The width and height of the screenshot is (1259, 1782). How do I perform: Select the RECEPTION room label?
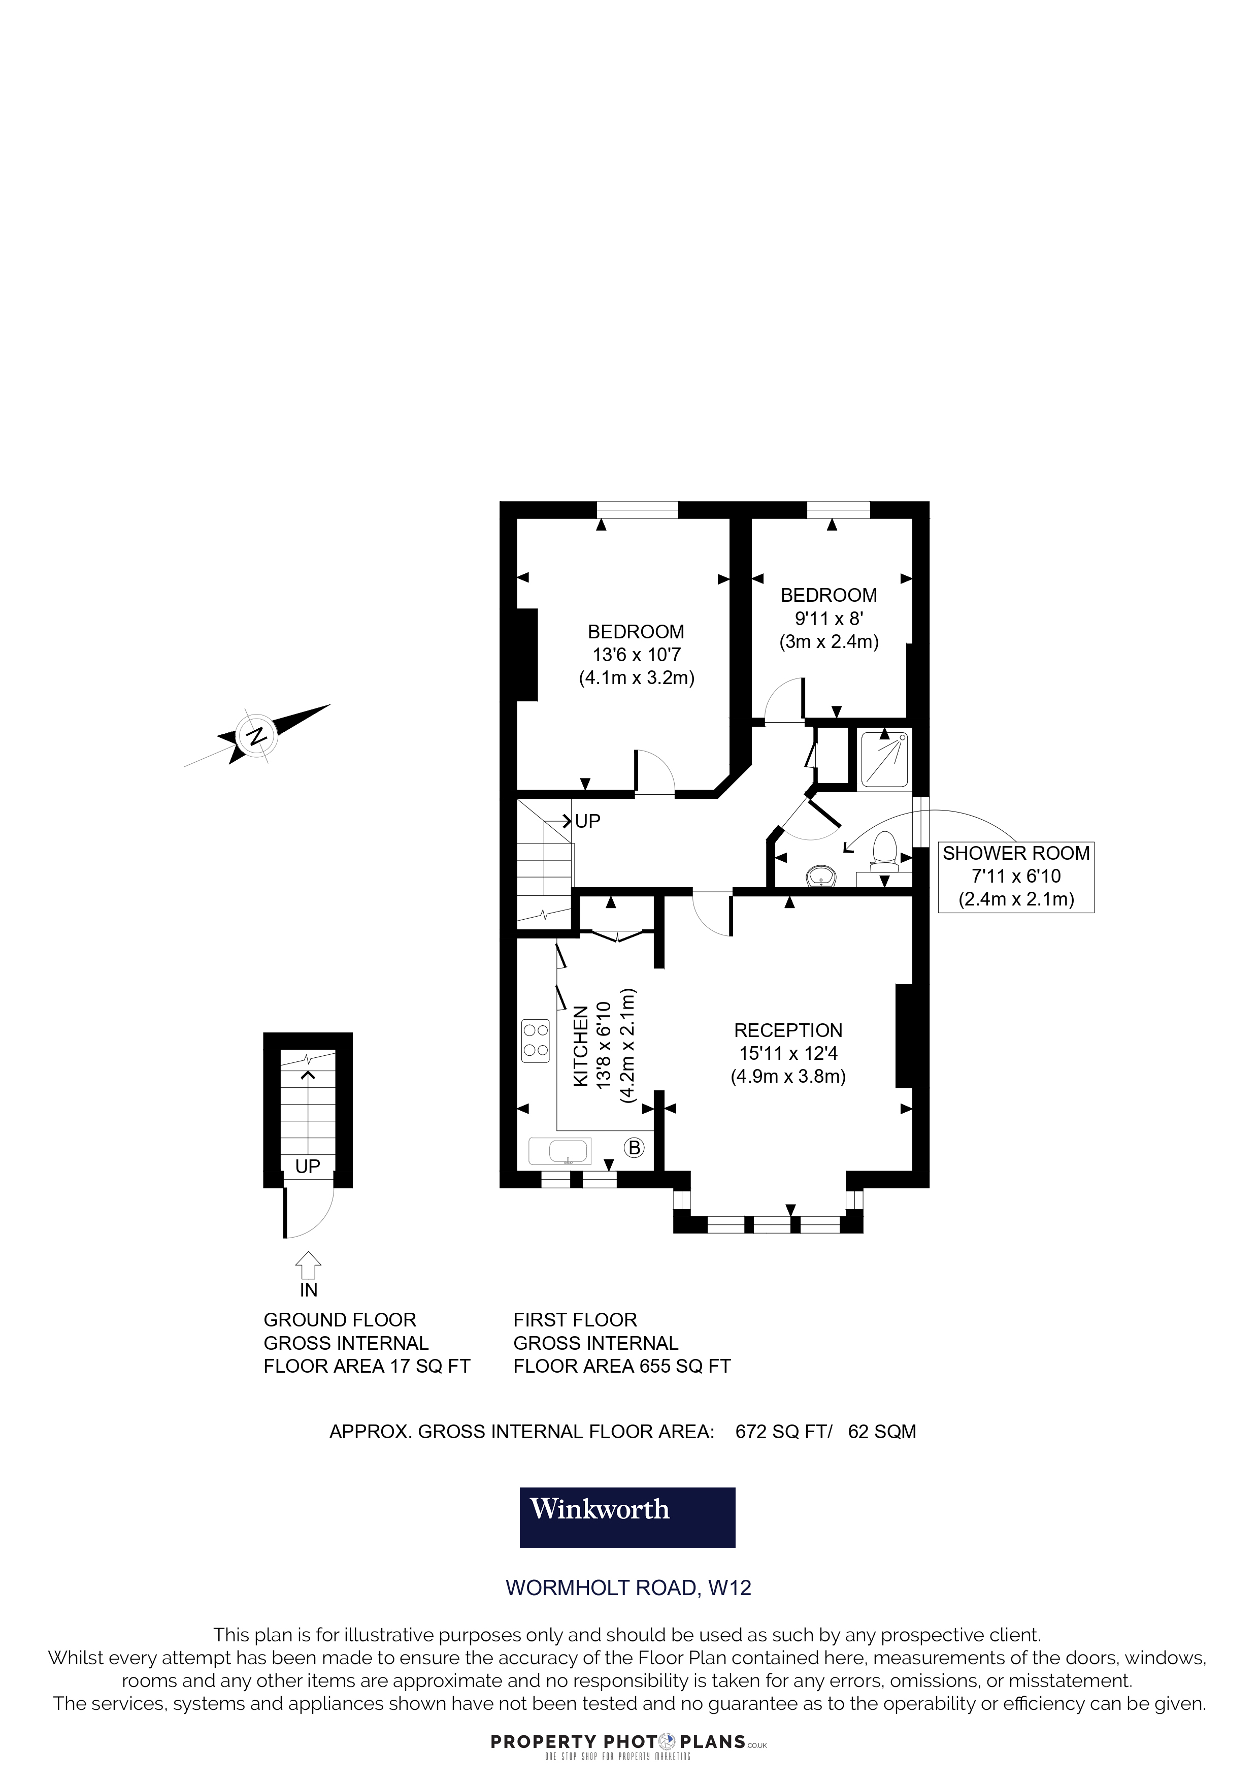point(787,1031)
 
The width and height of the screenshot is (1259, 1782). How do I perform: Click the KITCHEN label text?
point(580,1046)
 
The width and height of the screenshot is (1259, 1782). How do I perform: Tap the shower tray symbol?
point(884,758)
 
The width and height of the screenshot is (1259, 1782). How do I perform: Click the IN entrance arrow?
point(309,1265)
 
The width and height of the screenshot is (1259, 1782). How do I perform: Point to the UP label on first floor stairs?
point(587,821)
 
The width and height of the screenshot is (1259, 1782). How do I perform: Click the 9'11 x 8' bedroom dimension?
point(829,619)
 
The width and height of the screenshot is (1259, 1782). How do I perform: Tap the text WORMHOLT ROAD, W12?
point(628,1588)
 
